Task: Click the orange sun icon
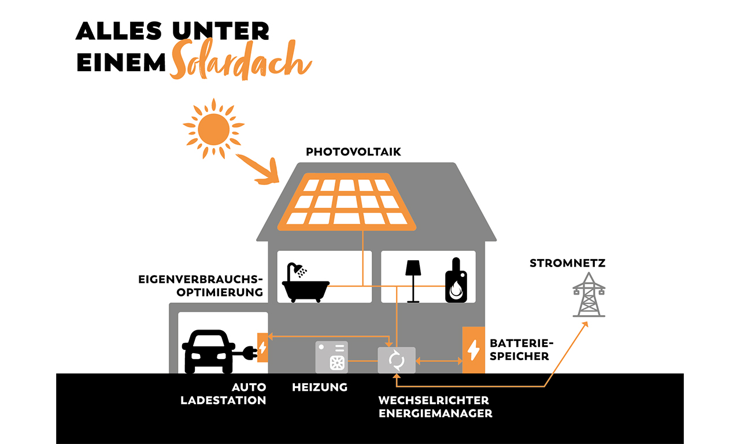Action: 213,128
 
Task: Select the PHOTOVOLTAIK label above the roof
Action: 353,152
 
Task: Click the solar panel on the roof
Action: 345,201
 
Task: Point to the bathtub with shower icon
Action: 305,283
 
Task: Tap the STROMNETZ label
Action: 567,264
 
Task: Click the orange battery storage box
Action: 473,350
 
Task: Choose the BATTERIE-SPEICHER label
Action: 519,350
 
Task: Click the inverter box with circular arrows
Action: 397,360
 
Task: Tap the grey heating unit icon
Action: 332,357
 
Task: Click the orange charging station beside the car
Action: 262,347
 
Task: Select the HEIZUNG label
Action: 320,387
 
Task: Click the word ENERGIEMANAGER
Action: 435,413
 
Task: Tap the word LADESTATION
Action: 223,400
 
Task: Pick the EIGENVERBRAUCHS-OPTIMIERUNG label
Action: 201,286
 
